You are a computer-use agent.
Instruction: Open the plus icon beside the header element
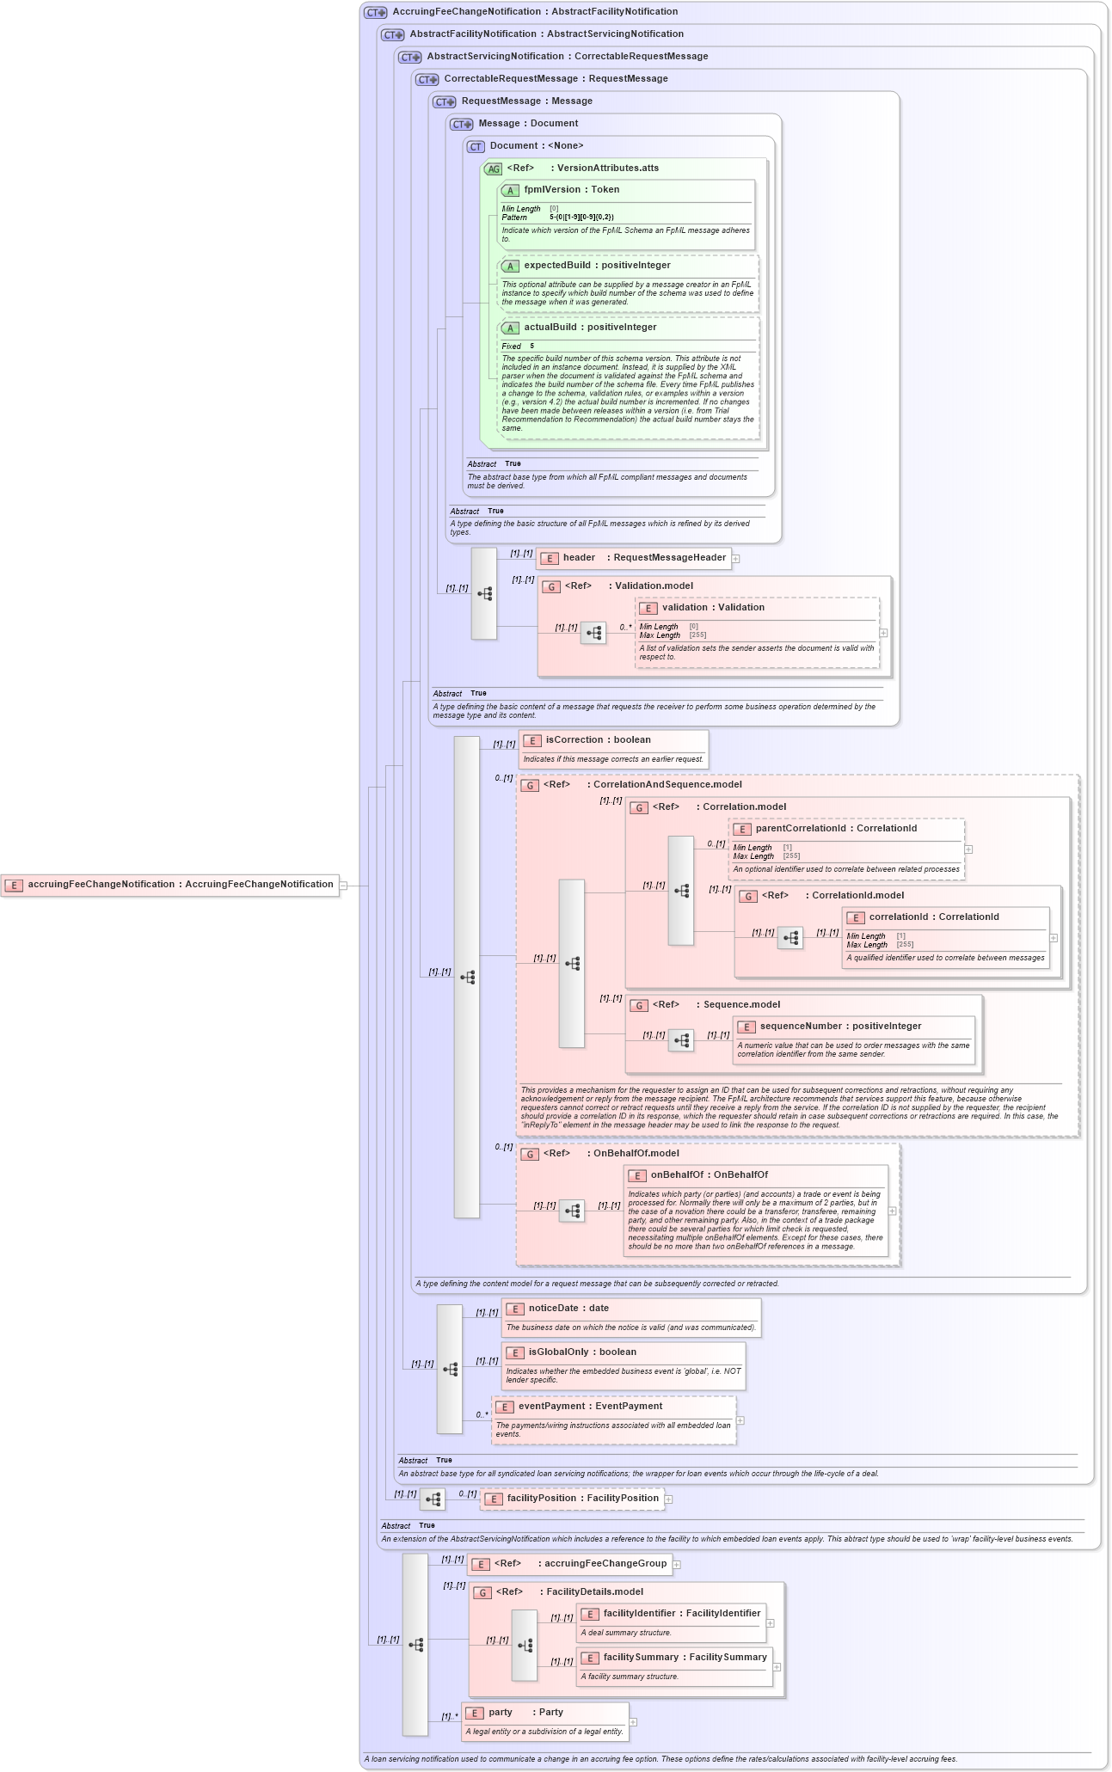click(736, 559)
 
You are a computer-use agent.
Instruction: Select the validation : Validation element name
click(713, 608)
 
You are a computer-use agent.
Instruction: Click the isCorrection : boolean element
click(598, 740)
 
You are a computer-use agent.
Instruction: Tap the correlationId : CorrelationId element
click(933, 917)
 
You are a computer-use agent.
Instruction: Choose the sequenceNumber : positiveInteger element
click(839, 1027)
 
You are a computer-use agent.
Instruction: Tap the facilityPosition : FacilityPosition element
click(582, 1499)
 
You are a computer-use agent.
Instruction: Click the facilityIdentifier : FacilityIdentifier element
click(681, 1614)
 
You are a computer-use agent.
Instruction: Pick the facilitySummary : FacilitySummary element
click(685, 1658)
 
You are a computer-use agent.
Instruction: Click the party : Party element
click(525, 1713)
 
